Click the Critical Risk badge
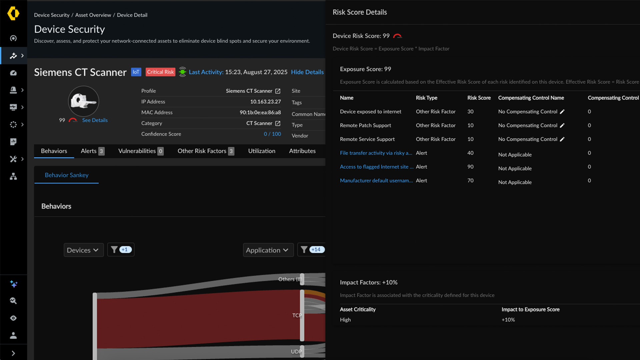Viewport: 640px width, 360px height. (x=160, y=72)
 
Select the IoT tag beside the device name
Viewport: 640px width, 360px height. (x=136, y=72)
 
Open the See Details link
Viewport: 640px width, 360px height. (x=95, y=120)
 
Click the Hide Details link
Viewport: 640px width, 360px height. (x=307, y=72)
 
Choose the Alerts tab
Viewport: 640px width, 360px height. (x=92, y=151)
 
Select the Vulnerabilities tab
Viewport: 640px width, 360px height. (x=140, y=151)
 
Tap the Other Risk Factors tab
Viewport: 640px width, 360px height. (x=205, y=151)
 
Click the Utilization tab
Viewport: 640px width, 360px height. (x=262, y=151)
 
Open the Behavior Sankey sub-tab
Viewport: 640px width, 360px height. (x=67, y=175)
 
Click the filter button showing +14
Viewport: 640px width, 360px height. (x=312, y=250)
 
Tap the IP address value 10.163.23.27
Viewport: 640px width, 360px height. (x=265, y=102)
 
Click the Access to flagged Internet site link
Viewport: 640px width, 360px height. (x=376, y=167)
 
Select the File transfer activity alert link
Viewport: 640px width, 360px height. (x=376, y=153)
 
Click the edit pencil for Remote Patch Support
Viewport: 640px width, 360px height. (x=562, y=125)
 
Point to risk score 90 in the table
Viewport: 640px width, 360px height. (x=470, y=167)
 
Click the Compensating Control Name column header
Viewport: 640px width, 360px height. (x=531, y=98)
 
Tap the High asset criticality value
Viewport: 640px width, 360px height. (x=345, y=320)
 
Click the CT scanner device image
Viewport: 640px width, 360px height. (x=83, y=101)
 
